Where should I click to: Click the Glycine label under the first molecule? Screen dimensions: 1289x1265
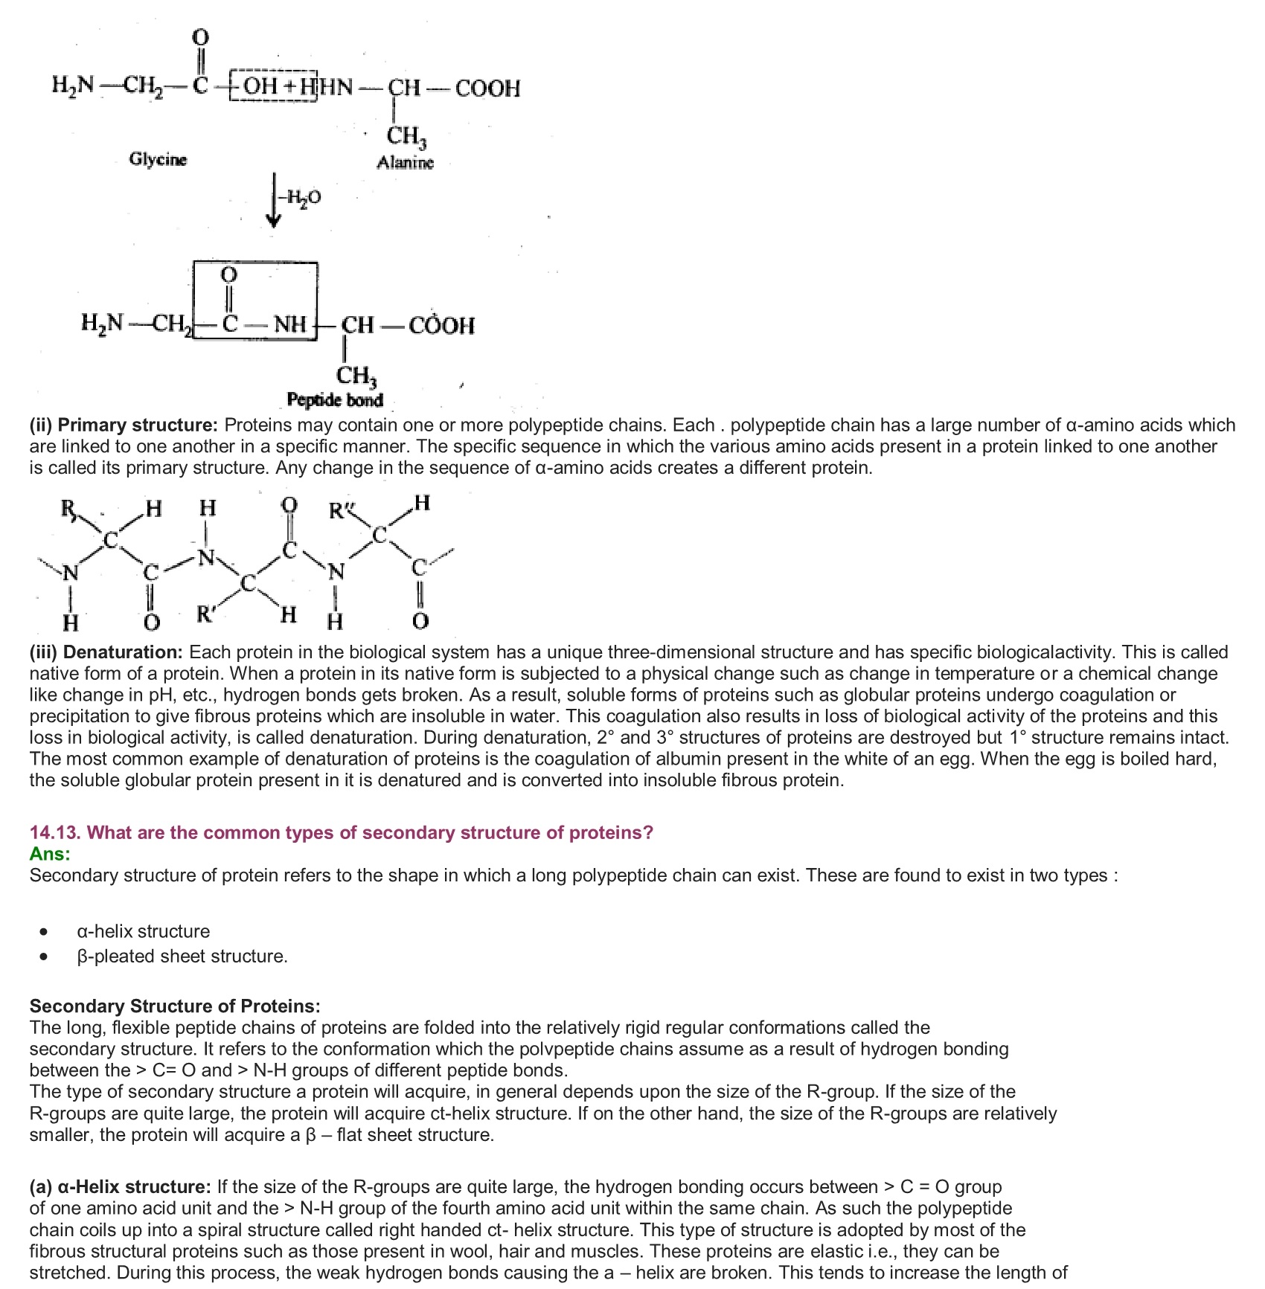click(x=158, y=159)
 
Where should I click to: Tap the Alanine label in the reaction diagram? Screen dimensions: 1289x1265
click(x=405, y=162)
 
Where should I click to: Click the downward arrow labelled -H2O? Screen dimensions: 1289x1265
click(x=275, y=199)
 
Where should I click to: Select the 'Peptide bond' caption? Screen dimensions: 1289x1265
click(x=335, y=400)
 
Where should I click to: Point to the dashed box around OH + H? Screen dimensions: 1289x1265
click(x=272, y=86)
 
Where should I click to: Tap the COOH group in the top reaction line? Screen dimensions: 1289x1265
click(x=487, y=89)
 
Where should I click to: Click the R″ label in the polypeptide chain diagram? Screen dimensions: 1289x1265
click(x=342, y=512)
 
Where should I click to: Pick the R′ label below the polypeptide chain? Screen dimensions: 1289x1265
click(x=206, y=614)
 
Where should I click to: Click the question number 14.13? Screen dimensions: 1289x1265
click(x=55, y=832)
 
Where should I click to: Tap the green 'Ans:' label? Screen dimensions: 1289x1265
click(x=50, y=854)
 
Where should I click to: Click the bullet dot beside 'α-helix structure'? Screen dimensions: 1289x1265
click(x=45, y=932)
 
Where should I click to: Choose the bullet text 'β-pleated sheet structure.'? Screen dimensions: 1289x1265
click(x=182, y=956)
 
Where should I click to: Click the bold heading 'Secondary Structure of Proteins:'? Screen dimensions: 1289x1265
click(x=175, y=1006)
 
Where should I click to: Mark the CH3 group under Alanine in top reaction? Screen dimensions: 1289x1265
click(x=406, y=136)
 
